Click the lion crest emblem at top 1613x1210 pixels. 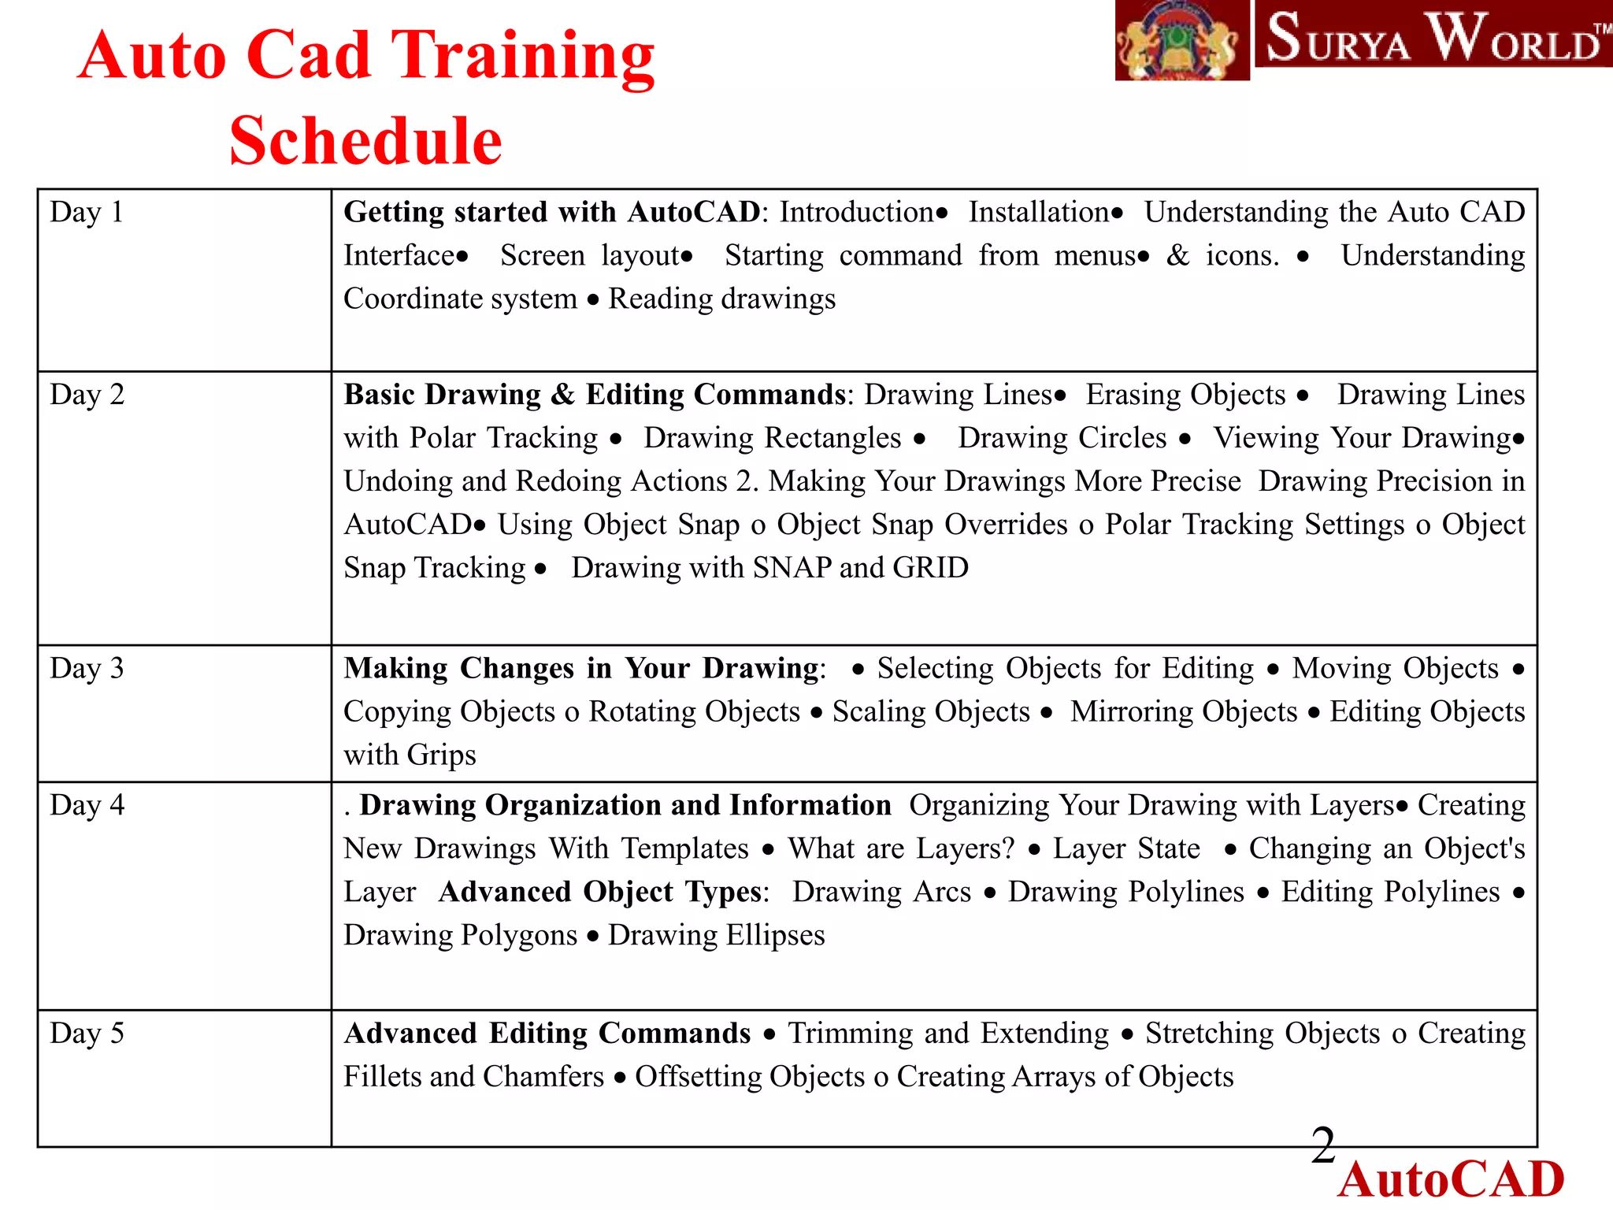tap(1181, 39)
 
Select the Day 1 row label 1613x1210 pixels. tap(87, 213)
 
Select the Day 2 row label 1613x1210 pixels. tap(87, 395)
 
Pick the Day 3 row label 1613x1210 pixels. tap(87, 669)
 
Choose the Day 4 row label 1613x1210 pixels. tap(87, 806)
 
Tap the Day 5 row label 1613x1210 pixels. tap(87, 1034)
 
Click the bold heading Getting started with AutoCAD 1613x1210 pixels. tap(551, 213)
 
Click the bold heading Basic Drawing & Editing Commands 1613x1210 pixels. tap(595, 395)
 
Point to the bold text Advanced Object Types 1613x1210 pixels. tap(602, 892)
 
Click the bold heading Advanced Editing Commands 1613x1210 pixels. tap(547, 1034)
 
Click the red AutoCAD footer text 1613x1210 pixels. tap(1451, 1179)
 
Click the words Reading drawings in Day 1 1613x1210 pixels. tap(721, 299)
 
